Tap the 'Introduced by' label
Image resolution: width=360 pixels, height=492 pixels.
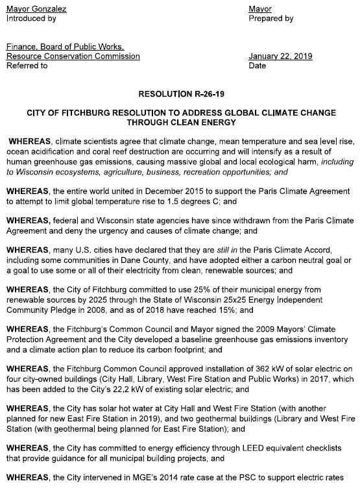click(31, 19)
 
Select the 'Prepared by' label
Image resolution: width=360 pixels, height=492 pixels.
click(271, 19)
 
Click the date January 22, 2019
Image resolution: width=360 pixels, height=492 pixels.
click(280, 56)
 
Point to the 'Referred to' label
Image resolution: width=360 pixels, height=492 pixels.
click(27, 66)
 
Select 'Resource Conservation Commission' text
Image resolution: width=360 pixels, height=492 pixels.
click(73, 56)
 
